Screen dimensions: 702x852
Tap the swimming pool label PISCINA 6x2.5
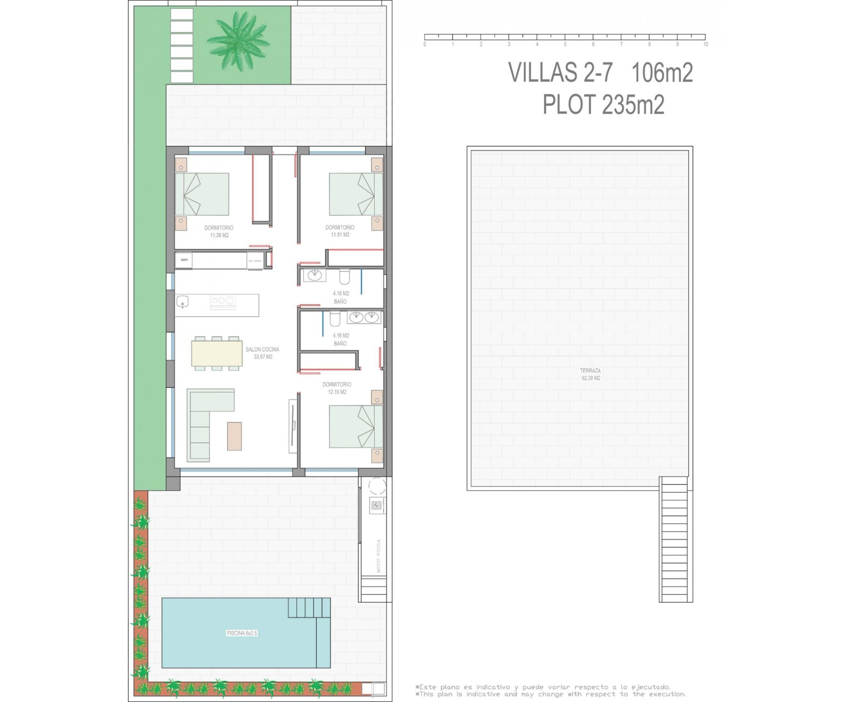pyautogui.click(x=241, y=633)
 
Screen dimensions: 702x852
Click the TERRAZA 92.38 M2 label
pyautogui.click(x=591, y=374)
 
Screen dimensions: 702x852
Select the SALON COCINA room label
pyautogui.click(x=262, y=353)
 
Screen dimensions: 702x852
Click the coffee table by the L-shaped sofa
pyautogui.click(x=234, y=436)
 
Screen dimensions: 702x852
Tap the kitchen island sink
pyautogui.click(x=183, y=301)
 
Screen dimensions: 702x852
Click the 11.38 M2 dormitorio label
pyautogui.click(x=219, y=231)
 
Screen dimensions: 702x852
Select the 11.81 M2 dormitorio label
pyautogui.click(x=340, y=231)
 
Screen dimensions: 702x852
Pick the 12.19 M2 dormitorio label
pyautogui.click(x=337, y=388)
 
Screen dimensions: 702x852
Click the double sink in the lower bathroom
pyautogui.click(x=364, y=317)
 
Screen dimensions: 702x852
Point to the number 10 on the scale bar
pyautogui.click(x=706, y=44)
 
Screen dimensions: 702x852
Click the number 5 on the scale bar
pyautogui.click(x=565, y=44)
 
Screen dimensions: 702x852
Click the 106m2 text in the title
pyautogui.click(x=662, y=73)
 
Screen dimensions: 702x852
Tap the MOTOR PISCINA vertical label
pyautogui.click(x=379, y=556)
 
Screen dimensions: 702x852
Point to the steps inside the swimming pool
pyautogui.click(x=305, y=608)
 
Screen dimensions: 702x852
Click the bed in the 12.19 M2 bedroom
pyautogui.click(x=356, y=427)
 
